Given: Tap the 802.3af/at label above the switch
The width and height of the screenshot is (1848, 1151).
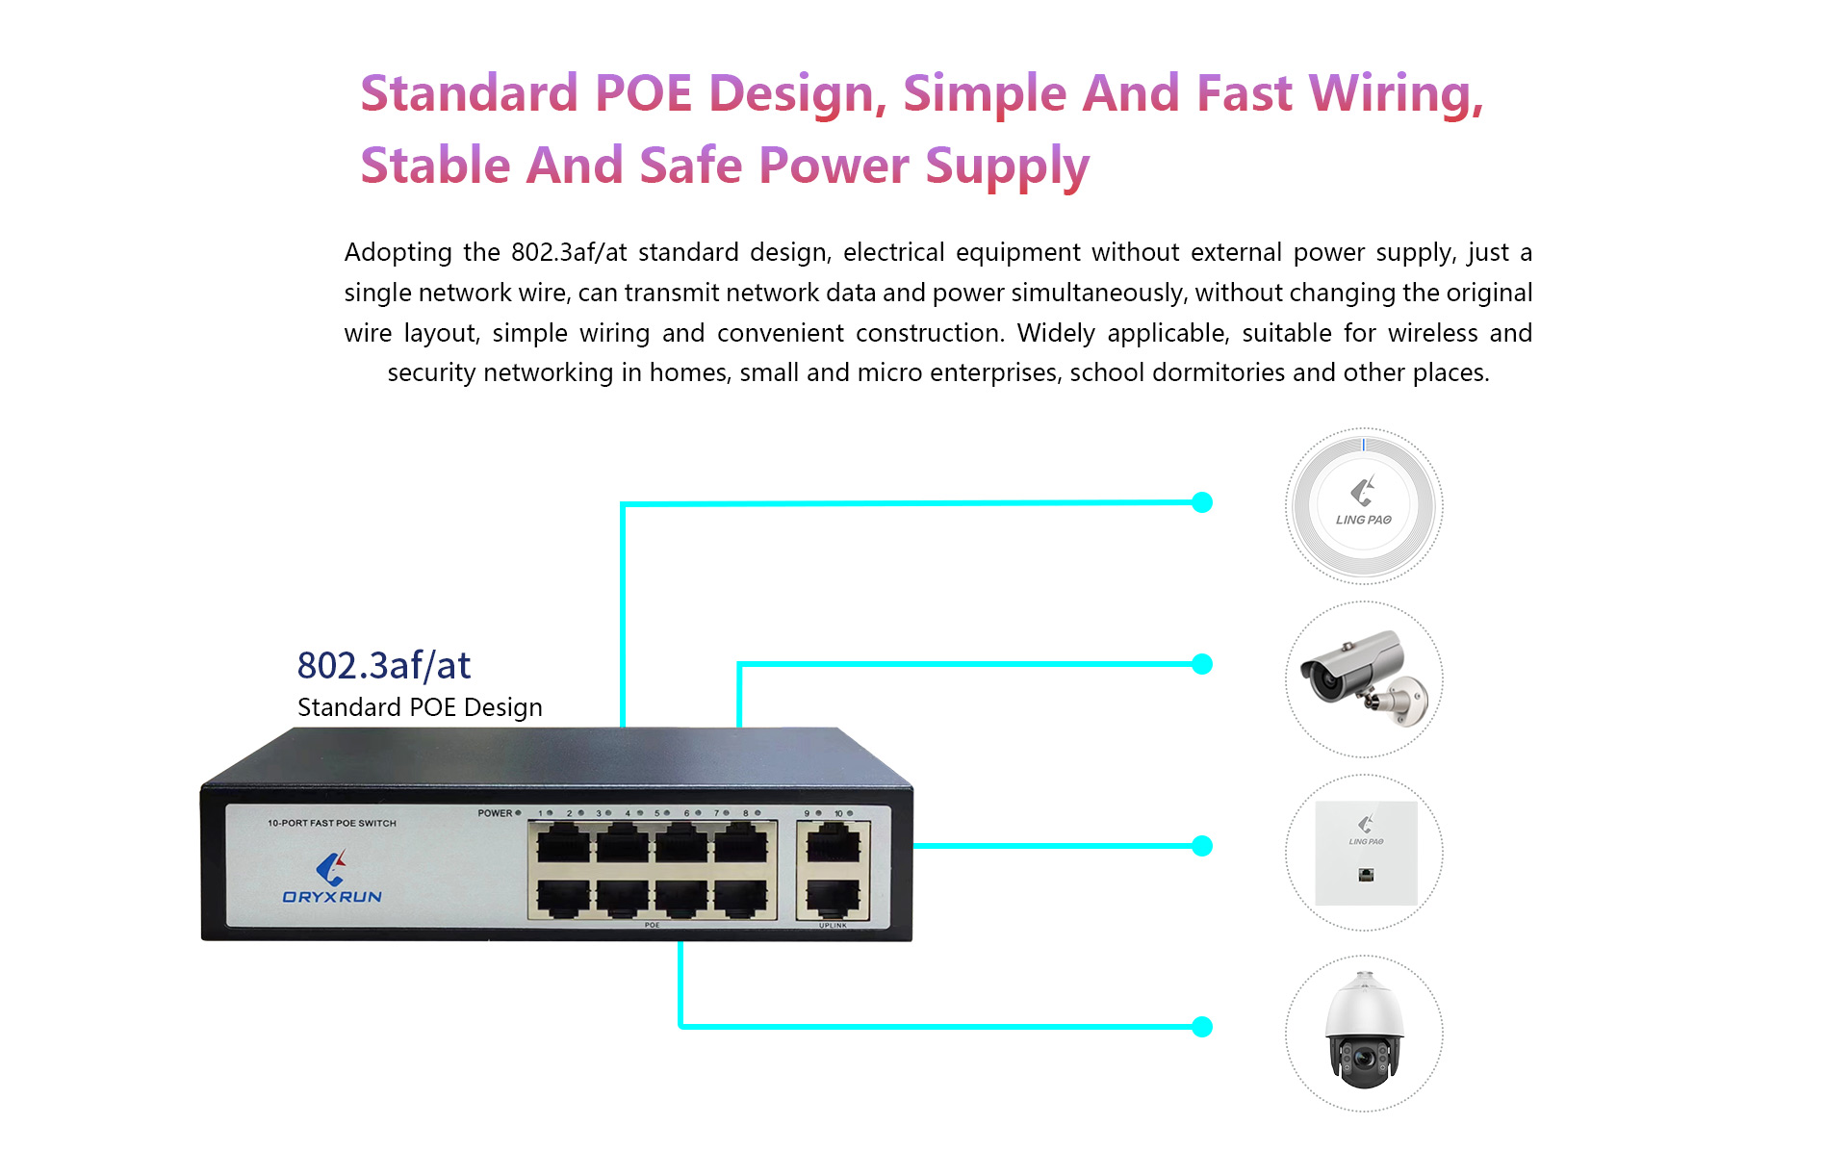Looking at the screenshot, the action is tap(384, 665).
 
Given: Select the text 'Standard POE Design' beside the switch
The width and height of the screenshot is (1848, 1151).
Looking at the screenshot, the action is tap(420, 707).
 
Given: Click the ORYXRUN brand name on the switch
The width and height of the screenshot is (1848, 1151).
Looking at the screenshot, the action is tap(332, 897).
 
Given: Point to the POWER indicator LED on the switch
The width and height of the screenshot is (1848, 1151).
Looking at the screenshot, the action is tap(518, 813).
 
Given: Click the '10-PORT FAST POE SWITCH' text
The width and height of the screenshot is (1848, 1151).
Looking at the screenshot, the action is tap(332, 823).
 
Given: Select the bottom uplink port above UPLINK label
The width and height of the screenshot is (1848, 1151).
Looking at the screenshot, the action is tap(833, 898).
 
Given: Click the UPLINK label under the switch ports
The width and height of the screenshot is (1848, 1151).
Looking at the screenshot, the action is tap(833, 926).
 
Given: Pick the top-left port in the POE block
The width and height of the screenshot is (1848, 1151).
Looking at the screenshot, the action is tap(563, 844).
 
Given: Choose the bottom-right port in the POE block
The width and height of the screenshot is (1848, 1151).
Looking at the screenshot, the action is tap(740, 898).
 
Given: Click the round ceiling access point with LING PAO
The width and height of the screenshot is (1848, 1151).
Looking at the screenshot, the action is tap(1364, 505).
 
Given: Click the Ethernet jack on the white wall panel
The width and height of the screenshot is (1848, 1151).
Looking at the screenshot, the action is tap(1366, 875).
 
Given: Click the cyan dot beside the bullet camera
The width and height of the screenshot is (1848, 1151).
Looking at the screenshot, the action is tap(1202, 664).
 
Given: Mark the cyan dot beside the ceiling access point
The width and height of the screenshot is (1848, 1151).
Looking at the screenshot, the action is tap(1202, 502).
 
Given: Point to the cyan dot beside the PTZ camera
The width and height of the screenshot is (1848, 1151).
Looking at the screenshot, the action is tap(1202, 1027).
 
